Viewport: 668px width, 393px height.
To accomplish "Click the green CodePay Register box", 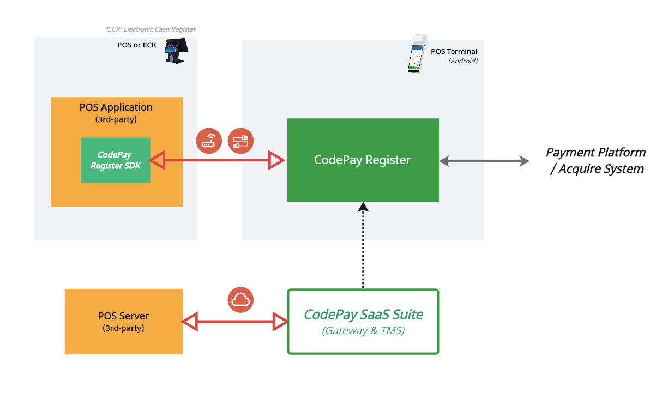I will pyautogui.click(x=363, y=160).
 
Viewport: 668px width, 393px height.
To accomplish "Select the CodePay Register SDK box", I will pyautogui.click(x=115, y=160).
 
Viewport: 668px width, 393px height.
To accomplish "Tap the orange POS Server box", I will pyautogui.click(x=123, y=322).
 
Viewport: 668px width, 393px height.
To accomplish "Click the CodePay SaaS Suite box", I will pyautogui.click(x=363, y=321).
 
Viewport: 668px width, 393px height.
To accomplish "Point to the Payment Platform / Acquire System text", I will pyautogui.click(x=596, y=160).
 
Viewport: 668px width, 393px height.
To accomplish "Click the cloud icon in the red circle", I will pyautogui.click(x=240, y=299).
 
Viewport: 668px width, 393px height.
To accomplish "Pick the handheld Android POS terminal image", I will pyautogui.click(x=417, y=54).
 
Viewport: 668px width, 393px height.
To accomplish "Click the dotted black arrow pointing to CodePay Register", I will pyautogui.click(x=363, y=245).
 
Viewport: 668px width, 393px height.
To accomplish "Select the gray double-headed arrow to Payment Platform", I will pyautogui.click(x=484, y=161).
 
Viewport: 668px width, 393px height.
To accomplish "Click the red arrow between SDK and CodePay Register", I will pyautogui.click(x=217, y=160).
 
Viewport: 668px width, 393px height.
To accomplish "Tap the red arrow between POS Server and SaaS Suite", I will pyautogui.click(x=234, y=322).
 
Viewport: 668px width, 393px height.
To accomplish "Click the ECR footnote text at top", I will pyautogui.click(x=151, y=29).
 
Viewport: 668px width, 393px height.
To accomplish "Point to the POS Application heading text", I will pyautogui.click(x=116, y=107).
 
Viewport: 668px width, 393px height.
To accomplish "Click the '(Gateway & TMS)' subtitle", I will pyautogui.click(x=363, y=330).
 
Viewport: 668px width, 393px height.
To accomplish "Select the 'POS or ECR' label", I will pyautogui.click(x=136, y=45).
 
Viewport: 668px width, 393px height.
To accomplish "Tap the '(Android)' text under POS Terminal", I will pyautogui.click(x=462, y=61).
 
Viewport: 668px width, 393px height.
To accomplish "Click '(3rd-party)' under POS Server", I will pyautogui.click(x=123, y=328).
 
